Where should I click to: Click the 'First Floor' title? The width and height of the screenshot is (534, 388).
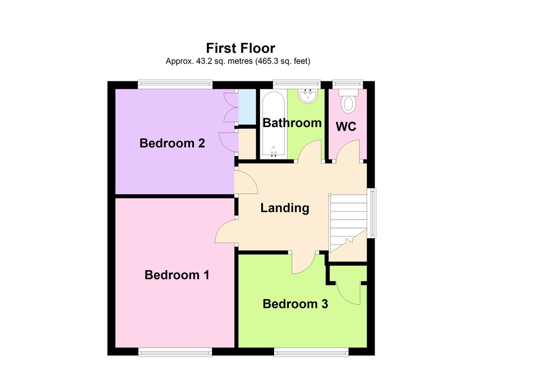coord(240,48)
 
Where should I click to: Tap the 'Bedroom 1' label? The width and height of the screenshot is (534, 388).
coord(177,275)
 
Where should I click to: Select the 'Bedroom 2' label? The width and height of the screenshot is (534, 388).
coord(172,144)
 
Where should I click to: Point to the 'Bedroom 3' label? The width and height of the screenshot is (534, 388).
coord(295,304)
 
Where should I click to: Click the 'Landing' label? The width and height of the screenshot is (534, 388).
coord(285,208)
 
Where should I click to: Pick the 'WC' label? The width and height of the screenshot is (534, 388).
coord(346,127)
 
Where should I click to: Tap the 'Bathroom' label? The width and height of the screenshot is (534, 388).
coord(292,123)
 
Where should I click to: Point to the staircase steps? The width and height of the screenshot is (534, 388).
coord(348,218)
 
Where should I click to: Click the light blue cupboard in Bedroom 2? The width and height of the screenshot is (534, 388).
coord(247,107)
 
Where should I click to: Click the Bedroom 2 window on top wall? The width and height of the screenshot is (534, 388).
coord(174,83)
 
